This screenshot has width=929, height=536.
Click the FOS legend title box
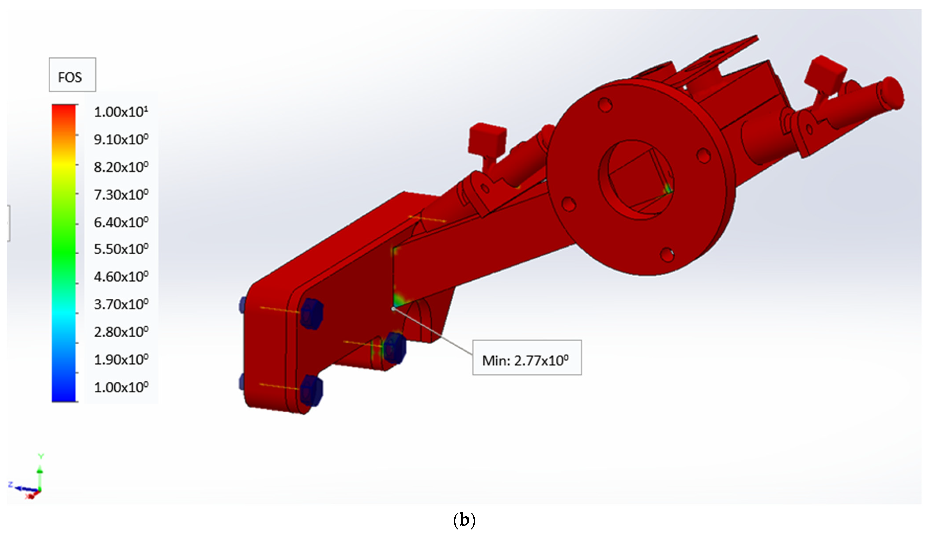point(73,75)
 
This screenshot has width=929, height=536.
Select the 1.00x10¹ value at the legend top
point(121,111)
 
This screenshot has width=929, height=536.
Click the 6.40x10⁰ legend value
point(121,222)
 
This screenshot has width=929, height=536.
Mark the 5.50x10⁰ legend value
point(121,249)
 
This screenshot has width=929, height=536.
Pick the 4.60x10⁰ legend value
point(121,276)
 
